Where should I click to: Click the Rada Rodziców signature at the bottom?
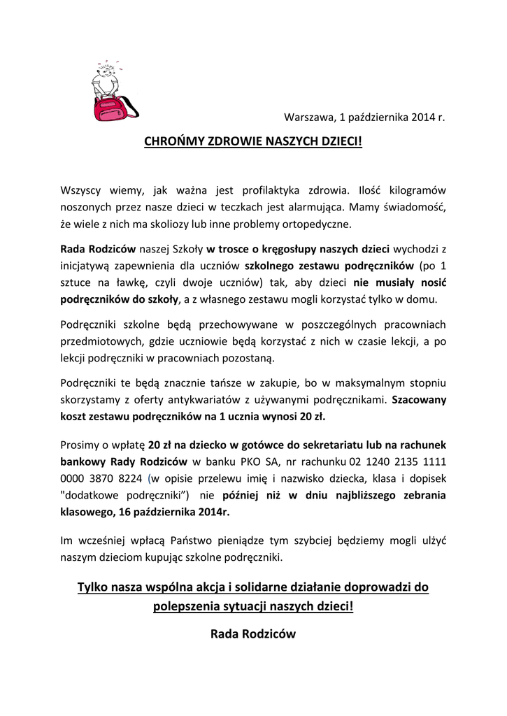coord(253,634)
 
